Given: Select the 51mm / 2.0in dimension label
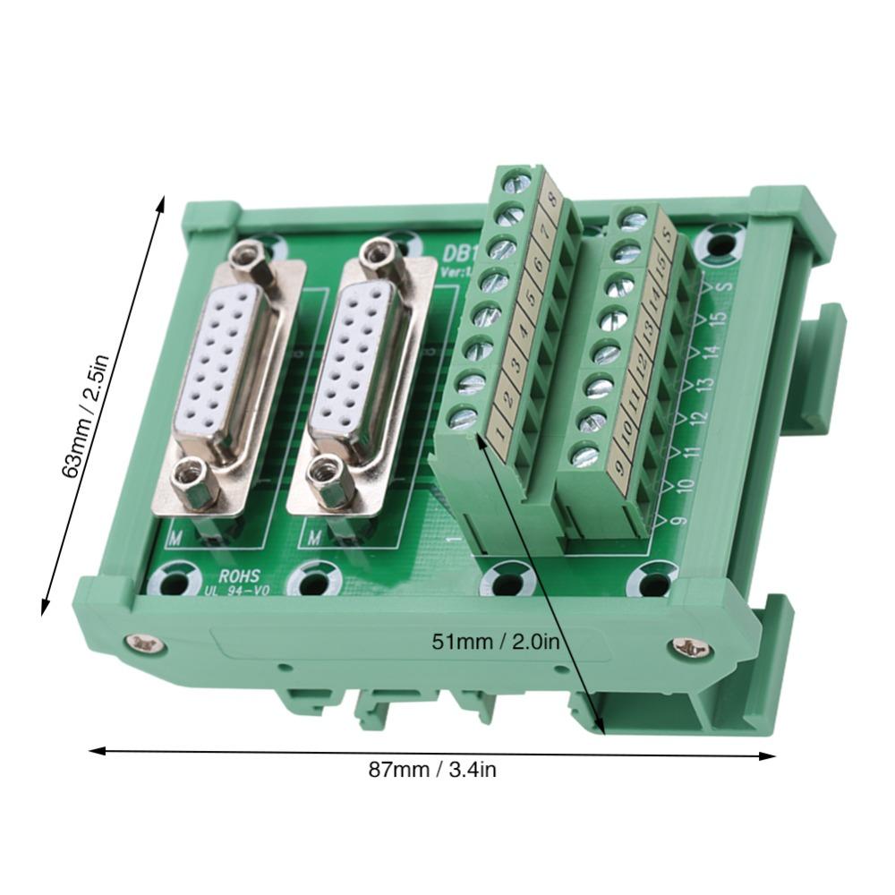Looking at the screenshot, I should pos(496,641).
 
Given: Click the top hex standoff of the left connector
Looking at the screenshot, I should pos(248,257).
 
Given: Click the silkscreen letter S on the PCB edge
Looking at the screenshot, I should pos(728,285).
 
